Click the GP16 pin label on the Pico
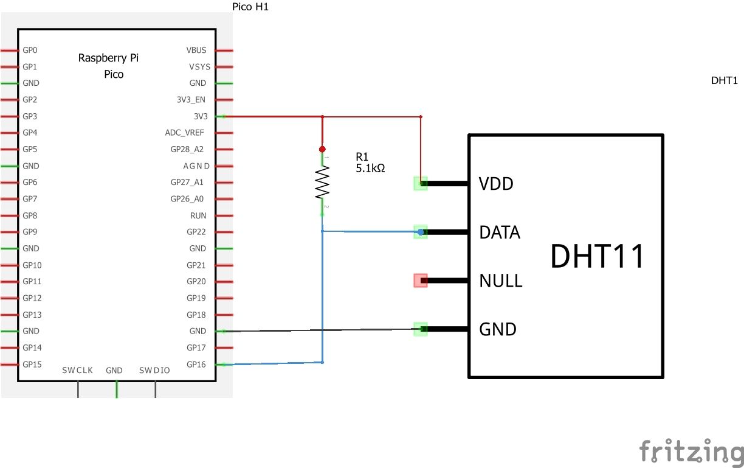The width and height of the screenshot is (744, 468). click(196, 365)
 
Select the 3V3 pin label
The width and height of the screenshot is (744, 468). click(200, 116)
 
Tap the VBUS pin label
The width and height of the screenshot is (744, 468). click(196, 50)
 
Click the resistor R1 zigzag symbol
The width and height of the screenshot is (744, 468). click(322, 183)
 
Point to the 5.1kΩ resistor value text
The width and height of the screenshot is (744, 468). click(370, 168)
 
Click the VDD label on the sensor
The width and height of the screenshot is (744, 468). click(496, 183)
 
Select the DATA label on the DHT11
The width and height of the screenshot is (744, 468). click(500, 232)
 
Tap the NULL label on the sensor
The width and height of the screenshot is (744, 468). click(500, 281)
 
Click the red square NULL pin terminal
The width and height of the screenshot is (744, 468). click(420, 281)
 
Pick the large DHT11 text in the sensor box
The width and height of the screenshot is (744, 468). click(597, 256)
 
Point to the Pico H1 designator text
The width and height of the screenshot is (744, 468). click(250, 7)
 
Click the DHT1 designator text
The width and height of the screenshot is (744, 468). click(724, 80)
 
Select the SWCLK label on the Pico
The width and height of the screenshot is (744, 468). click(77, 371)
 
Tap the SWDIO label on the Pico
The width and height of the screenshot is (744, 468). click(154, 371)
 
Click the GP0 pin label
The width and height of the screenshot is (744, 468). click(30, 50)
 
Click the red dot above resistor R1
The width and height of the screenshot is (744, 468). click(322, 148)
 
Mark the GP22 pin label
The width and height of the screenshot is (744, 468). click(196, 232)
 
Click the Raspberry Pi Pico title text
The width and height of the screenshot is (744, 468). click(109, 66)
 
